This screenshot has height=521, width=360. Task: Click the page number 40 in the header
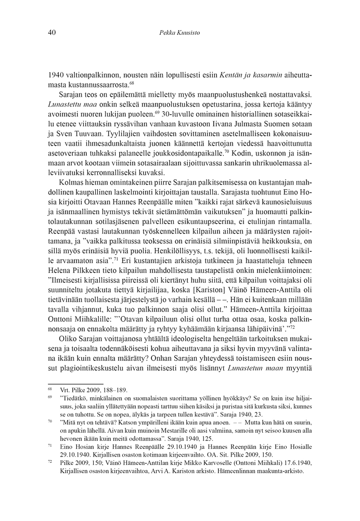(52, 32)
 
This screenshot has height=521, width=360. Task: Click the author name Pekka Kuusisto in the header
(179, 32)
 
